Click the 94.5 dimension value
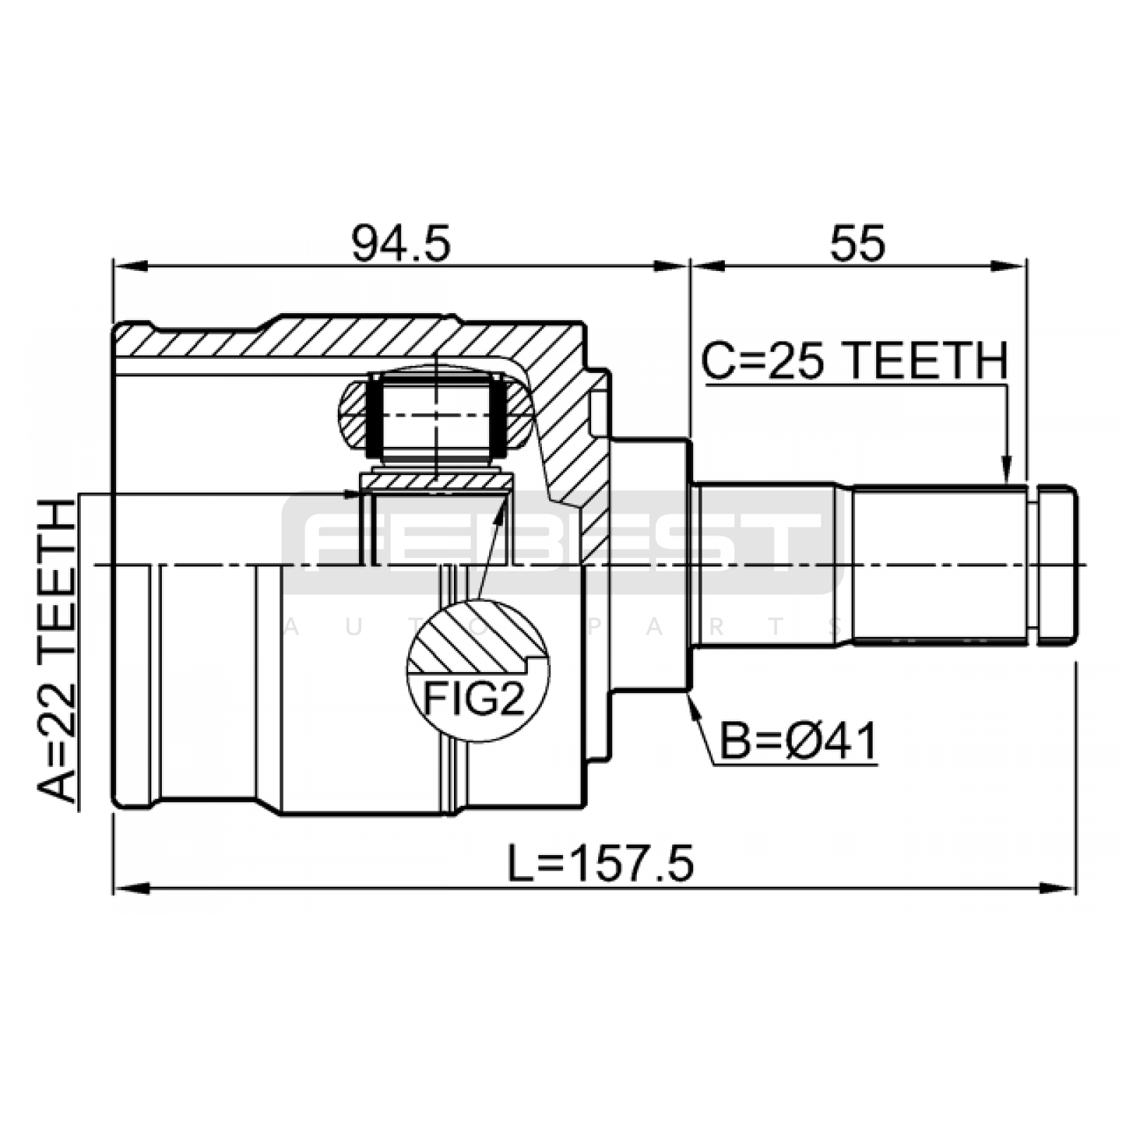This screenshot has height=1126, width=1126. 400,244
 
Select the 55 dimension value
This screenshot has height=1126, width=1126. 856,244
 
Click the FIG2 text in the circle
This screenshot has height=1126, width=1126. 474,699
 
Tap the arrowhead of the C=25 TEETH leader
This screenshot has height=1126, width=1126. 1008,471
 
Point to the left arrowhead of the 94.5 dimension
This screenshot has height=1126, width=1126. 129,266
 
